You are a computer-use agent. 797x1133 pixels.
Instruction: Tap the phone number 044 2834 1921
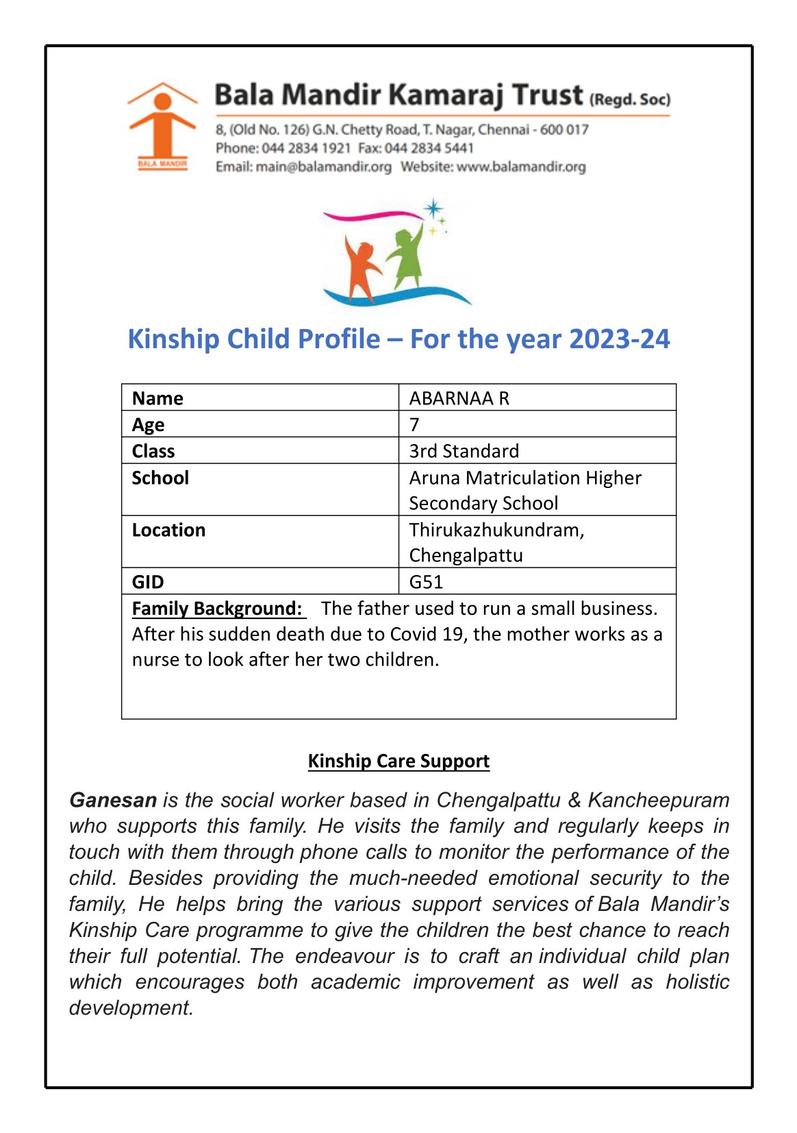[x=306, y=148]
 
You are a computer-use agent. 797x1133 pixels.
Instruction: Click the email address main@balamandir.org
[x=323, y=167]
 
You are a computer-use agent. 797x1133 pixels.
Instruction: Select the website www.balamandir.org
[x=520, y=167]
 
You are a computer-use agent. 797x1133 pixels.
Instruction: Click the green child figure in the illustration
[x=406, y=256]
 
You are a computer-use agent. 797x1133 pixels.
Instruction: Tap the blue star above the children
[x=433, y=208]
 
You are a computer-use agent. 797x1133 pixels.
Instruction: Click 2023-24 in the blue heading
[x=619, y=339]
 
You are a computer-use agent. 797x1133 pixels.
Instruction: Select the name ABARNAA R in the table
[x=459, y=398]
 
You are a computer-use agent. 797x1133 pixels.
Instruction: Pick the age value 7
[x=414, y=424]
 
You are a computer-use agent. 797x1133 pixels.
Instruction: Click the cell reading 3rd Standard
[x=464, y=451]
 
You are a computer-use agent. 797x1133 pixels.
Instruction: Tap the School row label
[x=160, y=478]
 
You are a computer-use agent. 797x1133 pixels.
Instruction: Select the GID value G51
[x=425, y=582]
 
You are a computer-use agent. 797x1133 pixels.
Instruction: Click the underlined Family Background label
[x=217, y=609]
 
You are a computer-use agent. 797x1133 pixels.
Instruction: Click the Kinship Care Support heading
[x=398, y=761]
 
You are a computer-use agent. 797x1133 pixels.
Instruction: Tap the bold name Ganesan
[x=113, y=800]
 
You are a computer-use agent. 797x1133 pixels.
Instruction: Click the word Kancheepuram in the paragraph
[x=658, y=800]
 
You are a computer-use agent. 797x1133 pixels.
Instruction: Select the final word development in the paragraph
[x=130, y=1008]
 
